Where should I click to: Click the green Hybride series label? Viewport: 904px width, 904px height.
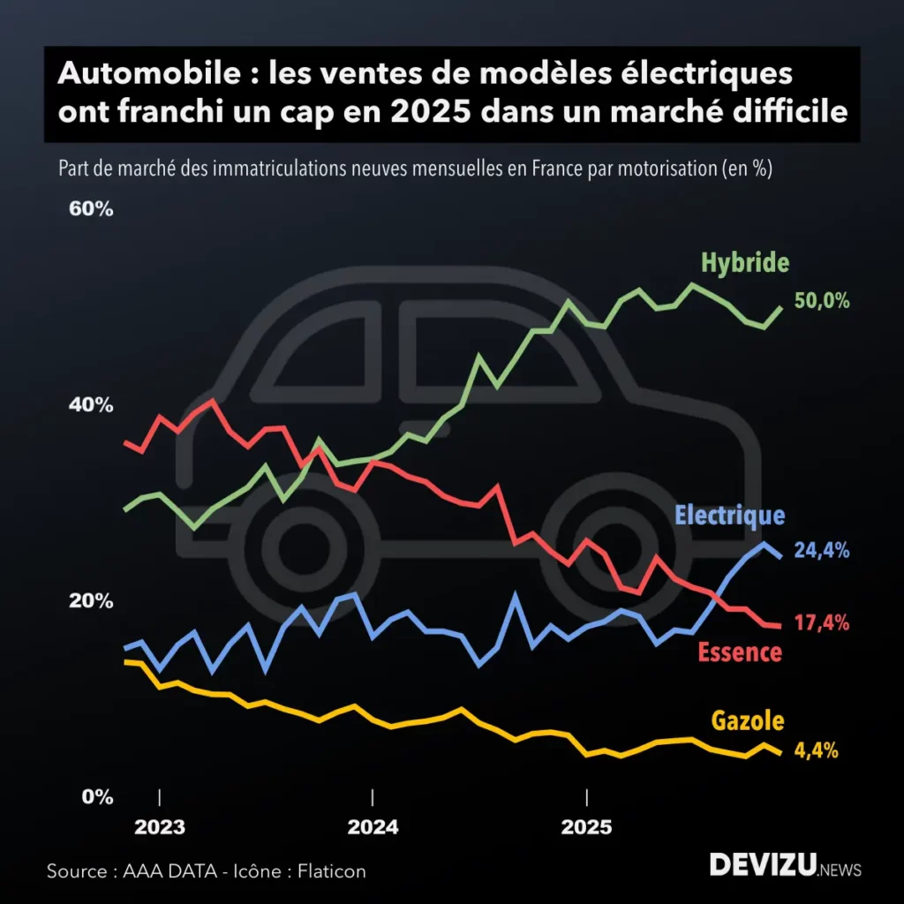(x=745, y=262)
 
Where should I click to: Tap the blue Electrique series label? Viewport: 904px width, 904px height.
(x=729, y=516)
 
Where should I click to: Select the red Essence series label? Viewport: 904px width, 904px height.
(x=740, y=652)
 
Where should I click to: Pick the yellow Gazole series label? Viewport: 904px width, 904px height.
(x=748, y=720)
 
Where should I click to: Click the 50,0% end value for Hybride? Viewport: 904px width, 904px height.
(x=822, y=301)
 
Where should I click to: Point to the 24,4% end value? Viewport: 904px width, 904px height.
(x=822, y=551)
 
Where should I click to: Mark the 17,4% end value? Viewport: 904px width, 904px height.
(x=822, y=623)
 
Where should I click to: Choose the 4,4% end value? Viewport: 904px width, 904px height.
(x=816, y=751)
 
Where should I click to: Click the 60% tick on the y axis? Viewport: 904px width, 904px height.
(x=92, y=210)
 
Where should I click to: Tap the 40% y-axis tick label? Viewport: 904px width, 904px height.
(x=92, y=405)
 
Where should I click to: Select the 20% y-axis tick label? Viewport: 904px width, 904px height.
(x=92, y=601)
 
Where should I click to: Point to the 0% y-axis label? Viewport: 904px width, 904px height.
(x=97, y=796)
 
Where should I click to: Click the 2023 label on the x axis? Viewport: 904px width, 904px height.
(x=160, y=828)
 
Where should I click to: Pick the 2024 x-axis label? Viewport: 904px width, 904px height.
(x=373, y=828)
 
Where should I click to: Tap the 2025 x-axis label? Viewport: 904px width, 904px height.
(x=586, y=828)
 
